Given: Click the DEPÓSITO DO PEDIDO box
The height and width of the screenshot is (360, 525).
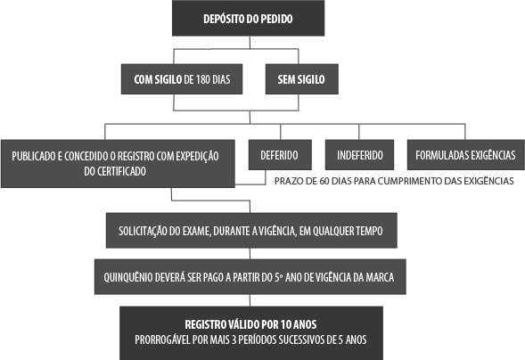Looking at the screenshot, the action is click(248, 18).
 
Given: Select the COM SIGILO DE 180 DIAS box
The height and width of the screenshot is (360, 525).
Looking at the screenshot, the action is click(182, 79).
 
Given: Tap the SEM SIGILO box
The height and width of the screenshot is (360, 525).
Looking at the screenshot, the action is click(301, 79).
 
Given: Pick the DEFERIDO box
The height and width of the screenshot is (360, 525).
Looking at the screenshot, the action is click(280, 155).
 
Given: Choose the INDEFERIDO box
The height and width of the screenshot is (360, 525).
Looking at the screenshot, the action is click(359, 155).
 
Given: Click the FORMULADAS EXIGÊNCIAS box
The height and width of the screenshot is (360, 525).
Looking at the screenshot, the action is click(466, 155).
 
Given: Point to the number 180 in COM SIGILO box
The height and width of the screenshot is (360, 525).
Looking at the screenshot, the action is click(203, 79).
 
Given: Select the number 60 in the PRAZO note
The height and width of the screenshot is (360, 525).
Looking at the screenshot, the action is click(324, 181).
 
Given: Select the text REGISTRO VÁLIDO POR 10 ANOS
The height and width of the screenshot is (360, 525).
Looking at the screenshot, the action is click(250, 324).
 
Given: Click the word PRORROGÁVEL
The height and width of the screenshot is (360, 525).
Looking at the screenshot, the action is click(162, 340).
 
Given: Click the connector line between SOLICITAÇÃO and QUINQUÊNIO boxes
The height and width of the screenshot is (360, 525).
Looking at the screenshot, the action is click(250, 253).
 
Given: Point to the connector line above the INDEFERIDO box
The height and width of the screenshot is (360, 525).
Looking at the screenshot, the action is click(359, 132).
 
